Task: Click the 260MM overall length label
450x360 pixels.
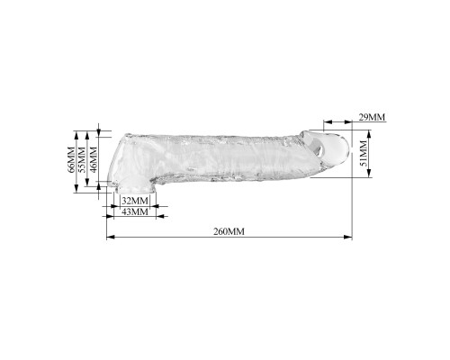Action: [x=229, y=231]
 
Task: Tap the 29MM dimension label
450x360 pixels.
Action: [x=372, y=117]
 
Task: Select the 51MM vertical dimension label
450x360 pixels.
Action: [x=363, y=153]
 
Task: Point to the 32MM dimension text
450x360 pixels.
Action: [x=135, y=201]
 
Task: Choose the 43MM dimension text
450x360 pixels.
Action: [x=135, y=211]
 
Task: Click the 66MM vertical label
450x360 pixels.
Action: [x=71, y=160]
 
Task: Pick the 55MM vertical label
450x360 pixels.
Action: [x=82, y=160]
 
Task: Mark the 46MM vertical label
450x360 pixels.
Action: [x=94, y=160]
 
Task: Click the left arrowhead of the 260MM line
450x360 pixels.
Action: [x=111, y=237]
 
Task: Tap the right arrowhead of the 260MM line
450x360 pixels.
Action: [x=348, y=237]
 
